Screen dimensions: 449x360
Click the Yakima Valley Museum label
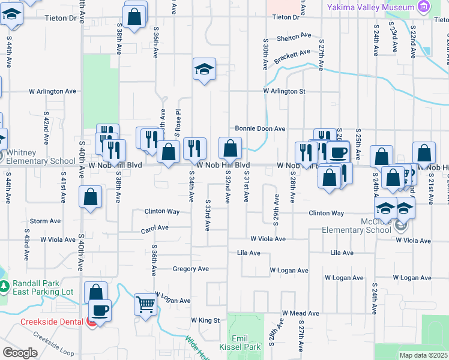pos(370,7)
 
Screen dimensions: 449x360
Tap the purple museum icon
pos(425,7)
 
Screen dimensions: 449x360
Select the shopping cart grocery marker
pos(145,304)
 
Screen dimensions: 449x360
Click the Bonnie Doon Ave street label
pos(260,128)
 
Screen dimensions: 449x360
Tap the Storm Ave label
pos(46,221)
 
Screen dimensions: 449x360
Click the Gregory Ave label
pos(190,269)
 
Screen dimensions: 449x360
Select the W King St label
pos(205,320)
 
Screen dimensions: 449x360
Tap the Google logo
pos(20,353)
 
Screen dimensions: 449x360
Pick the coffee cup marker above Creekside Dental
pos(100,310)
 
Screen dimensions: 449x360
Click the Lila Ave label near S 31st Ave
pos(249,253)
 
